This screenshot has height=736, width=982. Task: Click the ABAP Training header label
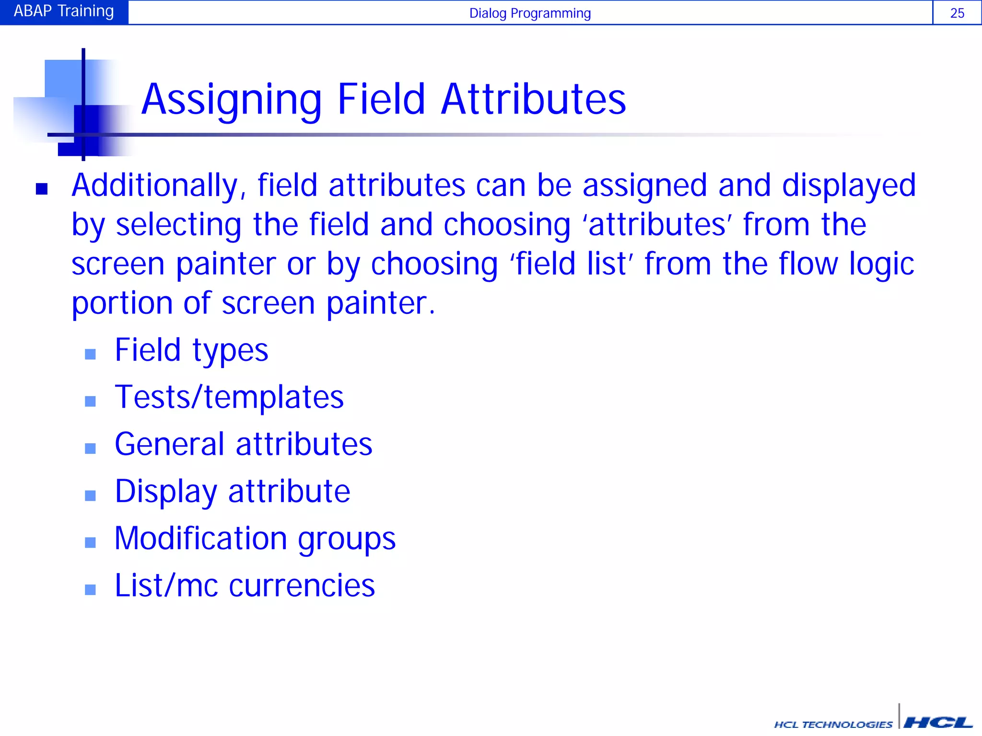(x=64, y=11)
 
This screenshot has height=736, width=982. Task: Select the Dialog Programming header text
(x=530, y=13)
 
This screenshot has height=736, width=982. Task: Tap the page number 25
(x=957, y=13)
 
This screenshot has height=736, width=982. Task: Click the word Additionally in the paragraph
(x=155, y=186)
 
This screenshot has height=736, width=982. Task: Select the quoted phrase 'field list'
(x=571, y=264)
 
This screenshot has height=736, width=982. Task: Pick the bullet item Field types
(x=191, y=350)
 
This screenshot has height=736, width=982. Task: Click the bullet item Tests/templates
(x=229, y=397)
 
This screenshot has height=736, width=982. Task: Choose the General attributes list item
(x=244, y=444)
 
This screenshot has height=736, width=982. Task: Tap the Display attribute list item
(x=233, y=492)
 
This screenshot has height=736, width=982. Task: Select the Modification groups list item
(x=255, y=539)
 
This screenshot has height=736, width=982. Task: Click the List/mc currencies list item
(x=245, y=586)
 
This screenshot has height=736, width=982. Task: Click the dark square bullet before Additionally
(x=42, y=189)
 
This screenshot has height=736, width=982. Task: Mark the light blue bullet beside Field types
(x=90, y=354)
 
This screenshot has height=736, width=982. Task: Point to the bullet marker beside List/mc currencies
(x=90, y=589)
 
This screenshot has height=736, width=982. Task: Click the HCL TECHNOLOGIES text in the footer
(x=833, y=724)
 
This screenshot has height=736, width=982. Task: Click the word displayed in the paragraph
(x=849, y=186)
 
